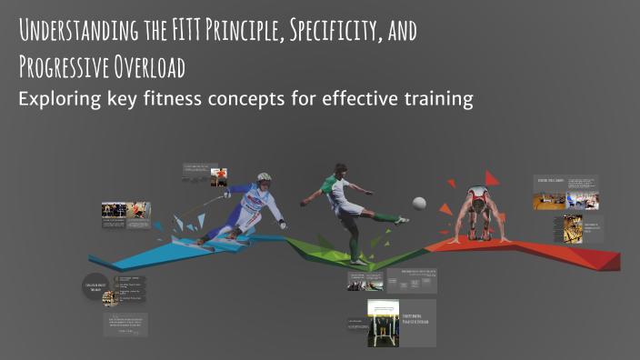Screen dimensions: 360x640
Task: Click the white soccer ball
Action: [x=419, y=204]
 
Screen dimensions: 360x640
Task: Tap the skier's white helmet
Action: [x=264, y=178]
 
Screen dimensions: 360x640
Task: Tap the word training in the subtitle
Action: [x=435, y=99]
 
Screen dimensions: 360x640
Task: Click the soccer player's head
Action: [x=338, y=170]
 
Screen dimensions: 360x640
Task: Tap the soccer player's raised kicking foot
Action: [x=401, y=219]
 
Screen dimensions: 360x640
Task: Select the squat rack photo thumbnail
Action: [x=383, y=323]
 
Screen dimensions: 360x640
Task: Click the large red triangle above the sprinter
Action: [x=491, y=177]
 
